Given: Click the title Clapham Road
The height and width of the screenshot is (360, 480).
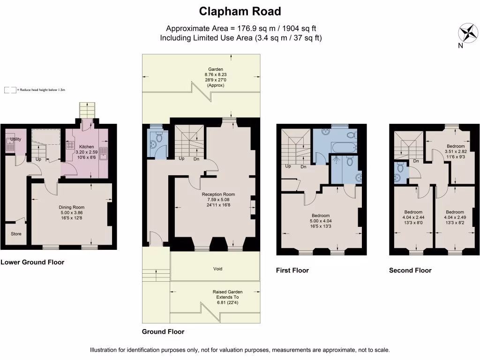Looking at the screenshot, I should pyautogui.click(x=240, y=11).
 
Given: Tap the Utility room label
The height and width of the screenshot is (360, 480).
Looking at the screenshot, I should pyautogui.click(x=15, y=139).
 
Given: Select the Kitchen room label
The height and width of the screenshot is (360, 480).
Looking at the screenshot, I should pyautogui.click(x=87, y=147).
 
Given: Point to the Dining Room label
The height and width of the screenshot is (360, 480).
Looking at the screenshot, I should pyautogui.click(x=71, y=207).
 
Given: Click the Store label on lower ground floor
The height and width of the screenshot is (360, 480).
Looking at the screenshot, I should pyautogui.click(x=16, y=234).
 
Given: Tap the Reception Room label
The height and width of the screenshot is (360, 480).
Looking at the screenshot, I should pyautogui.click(x=218, y=194).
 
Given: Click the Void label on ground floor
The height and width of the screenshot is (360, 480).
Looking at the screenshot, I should pyautogui.click(x=217, y=269).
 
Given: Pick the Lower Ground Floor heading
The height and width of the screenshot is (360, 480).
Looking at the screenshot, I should pyautogui.click(x=32, y=262).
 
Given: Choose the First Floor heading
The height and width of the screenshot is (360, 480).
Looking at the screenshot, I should pyautogui.click(x=292, y=270).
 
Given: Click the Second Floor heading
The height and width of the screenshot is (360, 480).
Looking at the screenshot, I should pyautogui.click(x=410, y=270).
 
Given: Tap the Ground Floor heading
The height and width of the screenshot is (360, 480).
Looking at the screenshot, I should pyautogui.click(x=163, y=331).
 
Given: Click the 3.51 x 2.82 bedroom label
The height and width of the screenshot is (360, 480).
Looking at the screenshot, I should pyautogui.click(x=455, y=146).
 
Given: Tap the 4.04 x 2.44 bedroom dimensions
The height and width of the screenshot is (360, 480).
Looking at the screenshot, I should pyautogui.click(x=413, y=217).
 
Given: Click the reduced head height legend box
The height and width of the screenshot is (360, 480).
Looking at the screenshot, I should pyautogui.click(x=10, y=90).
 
